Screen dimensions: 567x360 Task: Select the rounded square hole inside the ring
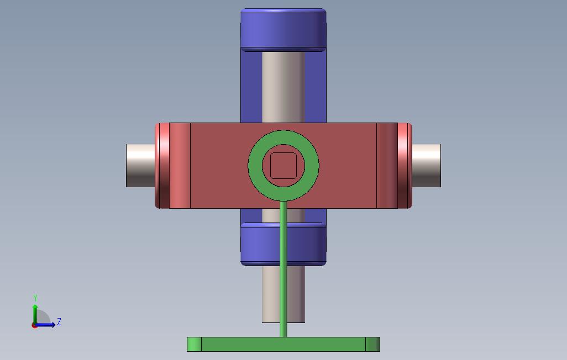[x=283, y=166]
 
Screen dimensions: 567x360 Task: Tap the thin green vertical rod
[x=283, y=269]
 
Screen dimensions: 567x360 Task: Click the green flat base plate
[x=283, y=344]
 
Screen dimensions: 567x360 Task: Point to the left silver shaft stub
[x=141, y=166]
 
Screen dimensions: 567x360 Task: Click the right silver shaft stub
[x=426, y=166]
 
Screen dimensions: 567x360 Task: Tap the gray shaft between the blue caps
[x=283, y=87]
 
